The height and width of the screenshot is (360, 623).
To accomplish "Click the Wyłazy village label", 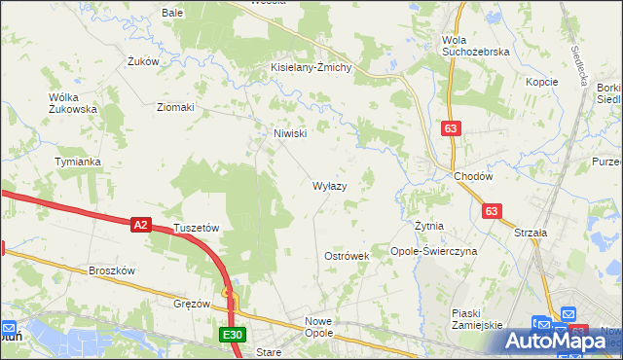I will pyautogui.click(x=328, y=185).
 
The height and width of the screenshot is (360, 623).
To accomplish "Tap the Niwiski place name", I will pyautogui.click(x=291, y=133).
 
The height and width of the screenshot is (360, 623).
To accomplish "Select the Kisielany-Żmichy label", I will pyautogui.click(x=317, y=68).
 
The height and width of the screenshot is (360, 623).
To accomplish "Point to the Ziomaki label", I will pyautogui.click(x=175, y=107).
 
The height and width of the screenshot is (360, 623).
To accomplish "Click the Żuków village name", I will pyautogui.click(x=143, y=61).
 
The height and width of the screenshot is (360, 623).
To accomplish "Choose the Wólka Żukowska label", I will pyautogui.click(x=73, y=103).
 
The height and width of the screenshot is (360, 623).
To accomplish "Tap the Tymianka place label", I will pyautogui.click(x=78, y=162).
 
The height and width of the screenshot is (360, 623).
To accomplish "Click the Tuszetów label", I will pyautogui.click(x=197, y=228).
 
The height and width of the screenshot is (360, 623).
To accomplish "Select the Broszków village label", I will pyautogui.click(x=111, y=270).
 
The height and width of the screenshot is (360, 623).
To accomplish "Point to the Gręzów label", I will pyautogui.click(x=191, y=304).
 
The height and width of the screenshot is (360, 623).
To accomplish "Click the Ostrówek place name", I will pyautogui.click(x=347, y=256).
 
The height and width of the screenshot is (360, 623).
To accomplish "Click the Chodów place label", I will pyautogui.click(x=473, y=176).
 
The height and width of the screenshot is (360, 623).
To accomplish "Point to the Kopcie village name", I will pyautogui.click(x=541, y=82).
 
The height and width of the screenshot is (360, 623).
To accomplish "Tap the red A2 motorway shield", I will pyautogui.click(x=140, y=225).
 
